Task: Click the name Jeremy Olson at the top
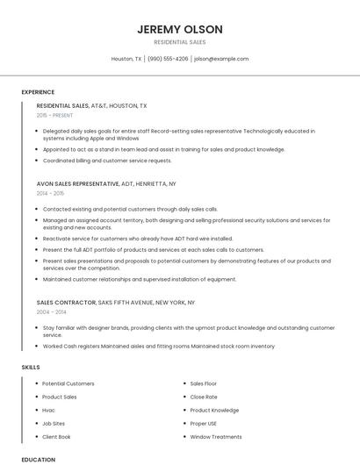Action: click(x=180, y=29)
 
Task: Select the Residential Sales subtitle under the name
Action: click(x=180, y=42)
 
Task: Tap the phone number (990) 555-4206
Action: click(x=168, y=59)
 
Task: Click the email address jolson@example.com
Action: click(x=221, y=59)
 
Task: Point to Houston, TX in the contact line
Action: click(x=126, y=59)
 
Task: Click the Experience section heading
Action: click(x=38, y=92)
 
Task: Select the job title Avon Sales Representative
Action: click(x=77, y=184)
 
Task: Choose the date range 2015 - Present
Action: click(x=54, y=115)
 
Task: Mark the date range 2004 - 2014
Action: click(x=51, y=311)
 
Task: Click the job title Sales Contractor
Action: click(x=66, y=303)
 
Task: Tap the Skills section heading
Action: click(x=31, y=367)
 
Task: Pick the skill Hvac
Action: click(x=48, y=410)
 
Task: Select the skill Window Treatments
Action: click(x=216, y=436)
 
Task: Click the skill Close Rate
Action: click(x=204, y=397)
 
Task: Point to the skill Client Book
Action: click(x=56, y=436)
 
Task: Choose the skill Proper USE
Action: click(x=204, y=423)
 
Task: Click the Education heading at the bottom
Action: click(x=38, y=460)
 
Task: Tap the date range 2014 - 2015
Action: click(x=51, y=193)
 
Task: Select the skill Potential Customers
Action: click(x=68, y=383)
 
